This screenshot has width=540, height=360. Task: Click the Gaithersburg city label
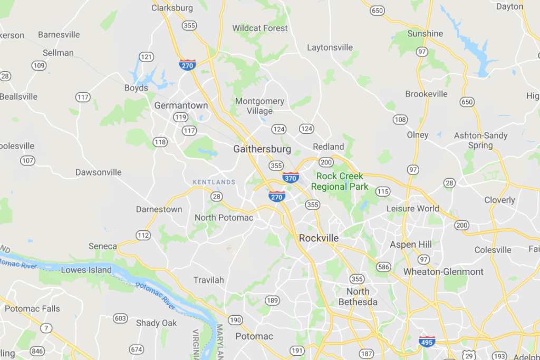[262, 149]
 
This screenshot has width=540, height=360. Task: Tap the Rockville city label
[319, 238]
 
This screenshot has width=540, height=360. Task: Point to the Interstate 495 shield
[427, 342]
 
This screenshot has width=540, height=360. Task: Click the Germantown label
[181, 105]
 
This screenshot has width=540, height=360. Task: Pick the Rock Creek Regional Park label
[340, 181]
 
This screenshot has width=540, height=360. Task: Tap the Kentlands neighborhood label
[214, 182]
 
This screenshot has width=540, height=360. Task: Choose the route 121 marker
[146, 56]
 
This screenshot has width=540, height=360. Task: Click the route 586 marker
[383, 267]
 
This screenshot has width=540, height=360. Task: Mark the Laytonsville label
[330, 47]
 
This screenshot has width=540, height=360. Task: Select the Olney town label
[418, 135]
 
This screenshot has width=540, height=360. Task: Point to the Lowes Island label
[86, 270]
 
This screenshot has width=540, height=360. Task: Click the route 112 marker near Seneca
[143, 235]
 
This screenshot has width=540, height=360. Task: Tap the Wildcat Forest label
[260, 28]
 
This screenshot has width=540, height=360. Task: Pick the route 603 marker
[120, 318]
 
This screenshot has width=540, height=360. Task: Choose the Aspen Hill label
[411, 244]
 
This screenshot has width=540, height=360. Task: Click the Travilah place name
[209, 280]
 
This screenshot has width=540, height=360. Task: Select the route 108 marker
[400, 120]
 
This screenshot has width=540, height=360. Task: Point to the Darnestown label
[159, 209]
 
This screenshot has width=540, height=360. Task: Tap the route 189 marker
[272, 300]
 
